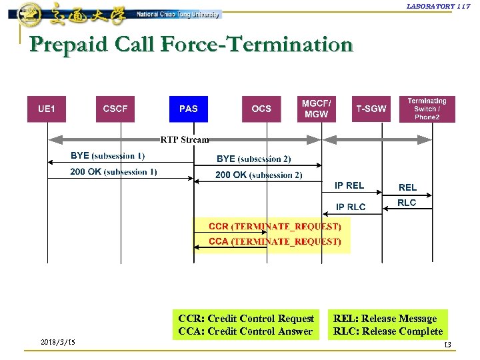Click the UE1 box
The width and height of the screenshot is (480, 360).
(47, 109)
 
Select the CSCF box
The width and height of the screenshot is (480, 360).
(115, 109)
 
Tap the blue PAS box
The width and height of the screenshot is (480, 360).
(189, 109)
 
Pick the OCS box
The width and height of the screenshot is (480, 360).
(261, 109)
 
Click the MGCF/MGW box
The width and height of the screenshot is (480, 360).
(316, 109)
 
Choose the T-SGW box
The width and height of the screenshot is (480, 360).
(371, 109)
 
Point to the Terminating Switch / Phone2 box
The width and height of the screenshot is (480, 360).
(427, 109)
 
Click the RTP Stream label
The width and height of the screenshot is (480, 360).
(185, 140)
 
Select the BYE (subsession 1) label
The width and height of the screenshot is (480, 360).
(107, 156)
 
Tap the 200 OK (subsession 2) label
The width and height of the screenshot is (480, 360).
(259, 175)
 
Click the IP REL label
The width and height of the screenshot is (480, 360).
(349, 186)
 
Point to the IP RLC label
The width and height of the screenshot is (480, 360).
(351, 207)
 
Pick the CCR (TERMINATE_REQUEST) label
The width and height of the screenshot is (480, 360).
(275, 227)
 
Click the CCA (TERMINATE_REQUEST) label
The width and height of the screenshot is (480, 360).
(275, 241)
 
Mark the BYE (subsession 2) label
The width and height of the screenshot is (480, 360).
(254, 159)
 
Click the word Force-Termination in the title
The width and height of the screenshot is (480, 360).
(257, 45)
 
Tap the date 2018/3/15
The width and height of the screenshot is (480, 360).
(57, 342)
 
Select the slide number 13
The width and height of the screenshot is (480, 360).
(447, 344)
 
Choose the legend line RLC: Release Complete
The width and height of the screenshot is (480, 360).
(388, 331)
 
